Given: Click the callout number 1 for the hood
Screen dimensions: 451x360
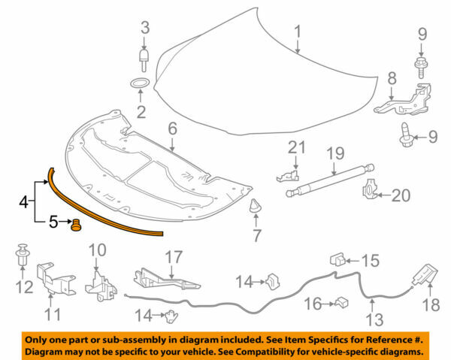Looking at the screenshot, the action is click(297, 32).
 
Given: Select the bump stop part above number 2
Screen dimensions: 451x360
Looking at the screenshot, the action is click(143, 58).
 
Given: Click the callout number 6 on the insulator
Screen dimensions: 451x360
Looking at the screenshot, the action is click(171, 129).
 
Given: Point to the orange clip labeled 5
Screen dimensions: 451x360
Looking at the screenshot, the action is click(75, 224).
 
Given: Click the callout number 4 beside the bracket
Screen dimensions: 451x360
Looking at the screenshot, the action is click(23, 201).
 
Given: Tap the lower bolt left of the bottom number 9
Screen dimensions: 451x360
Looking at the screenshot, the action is click(405, 135).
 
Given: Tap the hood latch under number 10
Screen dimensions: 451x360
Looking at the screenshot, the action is click(98, 283).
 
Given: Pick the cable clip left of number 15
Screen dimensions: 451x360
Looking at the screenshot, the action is click(336, 260).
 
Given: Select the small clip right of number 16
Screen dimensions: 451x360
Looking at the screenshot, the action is click(342, 303).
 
